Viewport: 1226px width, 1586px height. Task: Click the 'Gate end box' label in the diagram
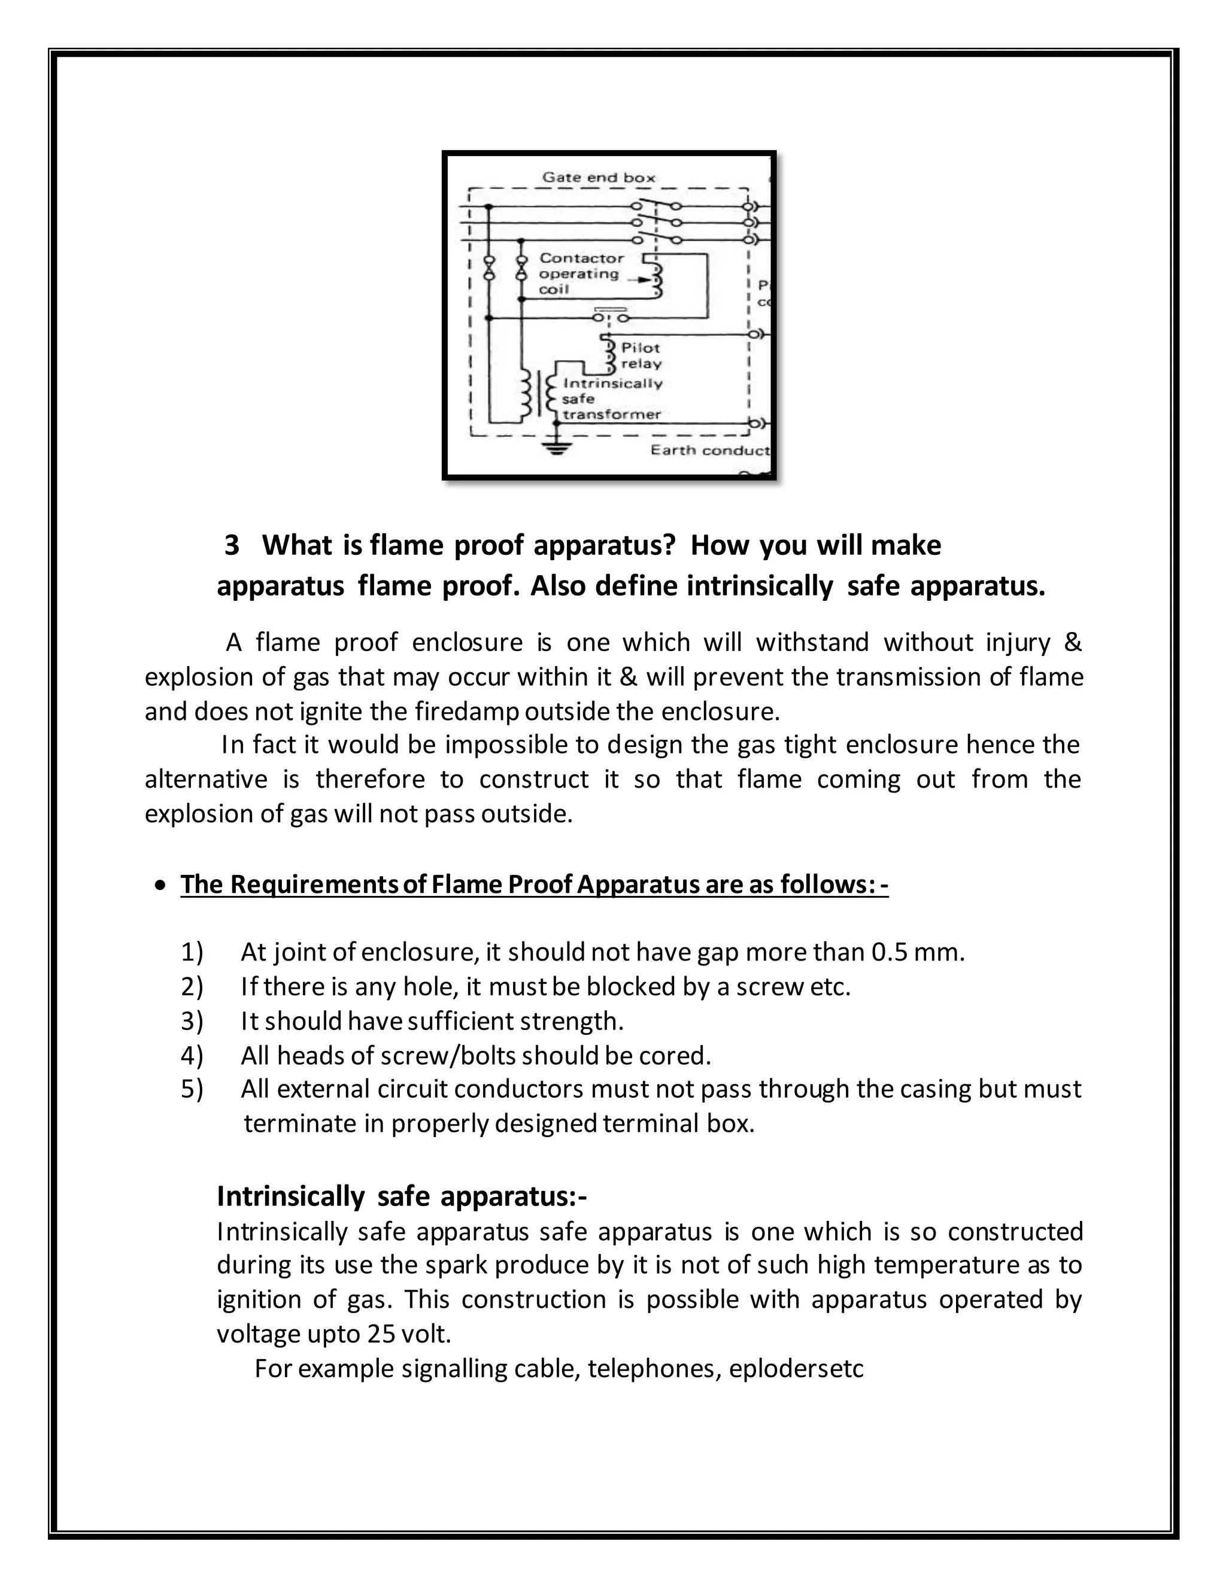(x=599, y=177)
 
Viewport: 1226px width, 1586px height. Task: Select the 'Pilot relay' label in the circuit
(x=641, y=356)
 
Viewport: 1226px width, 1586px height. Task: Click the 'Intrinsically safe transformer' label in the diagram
(x=612, y=399)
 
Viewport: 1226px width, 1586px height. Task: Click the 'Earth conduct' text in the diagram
(x=709, y=450)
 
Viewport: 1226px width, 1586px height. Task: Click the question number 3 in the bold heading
(x=232, y=545)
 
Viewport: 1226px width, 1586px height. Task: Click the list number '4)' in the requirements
(x=192, y=1055)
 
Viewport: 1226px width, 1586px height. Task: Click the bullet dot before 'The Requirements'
(x=160, y=885)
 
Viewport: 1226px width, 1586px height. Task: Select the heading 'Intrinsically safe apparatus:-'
(x=402, y=1195)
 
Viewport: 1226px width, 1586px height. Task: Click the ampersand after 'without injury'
(x=1072, y=643)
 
